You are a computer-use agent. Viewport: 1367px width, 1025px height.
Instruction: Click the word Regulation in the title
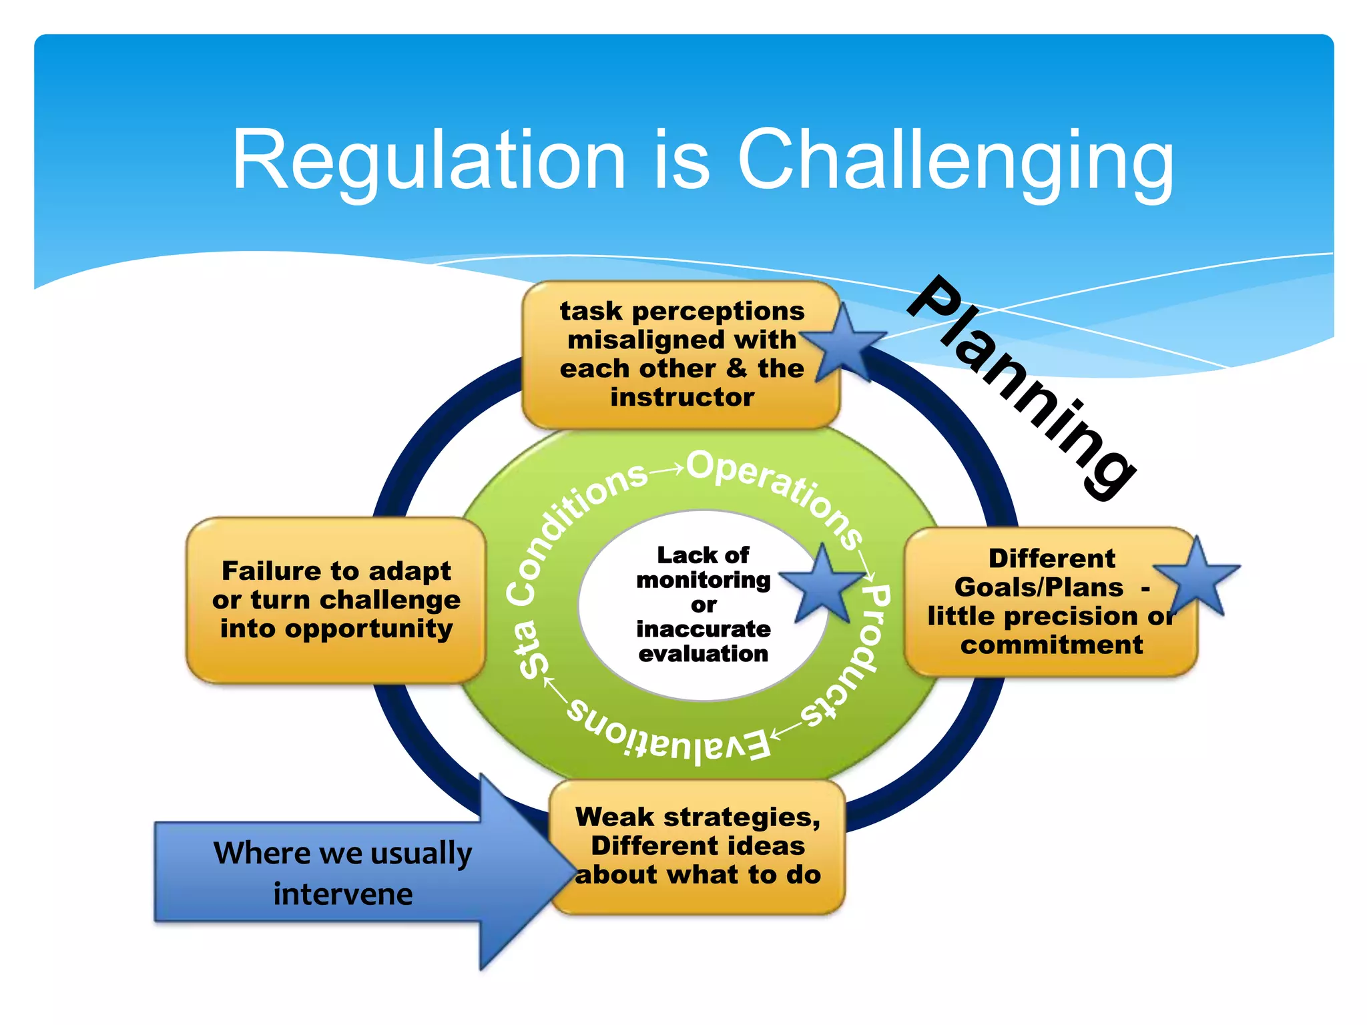428,161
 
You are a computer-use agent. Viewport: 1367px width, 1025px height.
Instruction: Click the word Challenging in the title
954,161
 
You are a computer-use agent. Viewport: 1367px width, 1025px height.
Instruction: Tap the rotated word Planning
1021,387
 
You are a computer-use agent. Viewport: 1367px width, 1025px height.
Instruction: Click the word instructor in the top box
682,397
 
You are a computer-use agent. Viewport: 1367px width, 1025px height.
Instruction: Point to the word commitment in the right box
1051,645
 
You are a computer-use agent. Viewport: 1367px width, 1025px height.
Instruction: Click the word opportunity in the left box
336,629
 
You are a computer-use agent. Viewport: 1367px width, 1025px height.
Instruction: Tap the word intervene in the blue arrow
343,894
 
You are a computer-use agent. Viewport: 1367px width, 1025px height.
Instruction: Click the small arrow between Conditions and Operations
667,469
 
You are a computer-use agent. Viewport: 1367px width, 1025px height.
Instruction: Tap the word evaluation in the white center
703,653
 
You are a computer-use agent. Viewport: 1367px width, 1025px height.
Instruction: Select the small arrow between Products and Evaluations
787,730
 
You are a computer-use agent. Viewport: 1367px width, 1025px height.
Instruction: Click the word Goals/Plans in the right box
1039,587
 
